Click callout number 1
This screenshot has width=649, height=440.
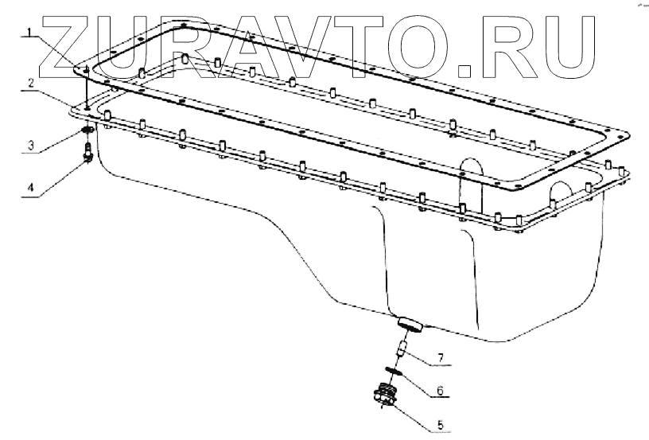[29, 33]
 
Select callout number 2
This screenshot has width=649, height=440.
[29, 82]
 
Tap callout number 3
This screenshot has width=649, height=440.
[29, 146]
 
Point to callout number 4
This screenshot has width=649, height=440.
[29, 188]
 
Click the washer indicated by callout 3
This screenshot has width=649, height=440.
[87, 130]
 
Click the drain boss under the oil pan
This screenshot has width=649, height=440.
[409, 322]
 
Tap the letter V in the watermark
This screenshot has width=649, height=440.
[318, 40]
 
